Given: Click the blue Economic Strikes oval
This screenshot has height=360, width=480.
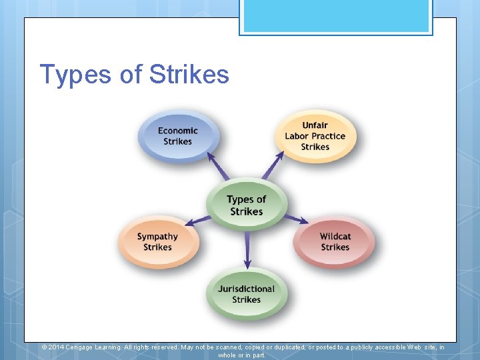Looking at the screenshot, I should coord(177,136).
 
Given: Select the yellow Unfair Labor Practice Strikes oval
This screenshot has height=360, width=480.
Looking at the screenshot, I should coord(315,136).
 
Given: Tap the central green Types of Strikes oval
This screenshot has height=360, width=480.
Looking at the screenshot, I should coord(246,205).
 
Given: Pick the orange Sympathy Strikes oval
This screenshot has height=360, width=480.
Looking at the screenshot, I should coord(157,241).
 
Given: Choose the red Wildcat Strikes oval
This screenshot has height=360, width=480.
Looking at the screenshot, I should coord(335,241).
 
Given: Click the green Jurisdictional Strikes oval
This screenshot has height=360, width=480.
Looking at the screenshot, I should coord(246,294).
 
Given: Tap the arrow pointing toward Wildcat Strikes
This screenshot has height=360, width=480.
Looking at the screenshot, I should coord(297,219).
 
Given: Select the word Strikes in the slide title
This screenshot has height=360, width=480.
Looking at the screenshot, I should coord(189,75).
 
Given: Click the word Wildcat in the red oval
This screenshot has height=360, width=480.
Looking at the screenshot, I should coord(335,236).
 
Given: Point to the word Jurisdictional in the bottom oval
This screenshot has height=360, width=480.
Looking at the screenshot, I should coord(246,289).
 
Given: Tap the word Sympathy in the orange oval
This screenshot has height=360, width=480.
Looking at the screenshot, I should coord(157,236).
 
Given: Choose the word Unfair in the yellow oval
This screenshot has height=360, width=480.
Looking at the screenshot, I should coord(315,125).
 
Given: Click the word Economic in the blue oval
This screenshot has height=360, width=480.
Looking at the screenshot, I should coord(177,131).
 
